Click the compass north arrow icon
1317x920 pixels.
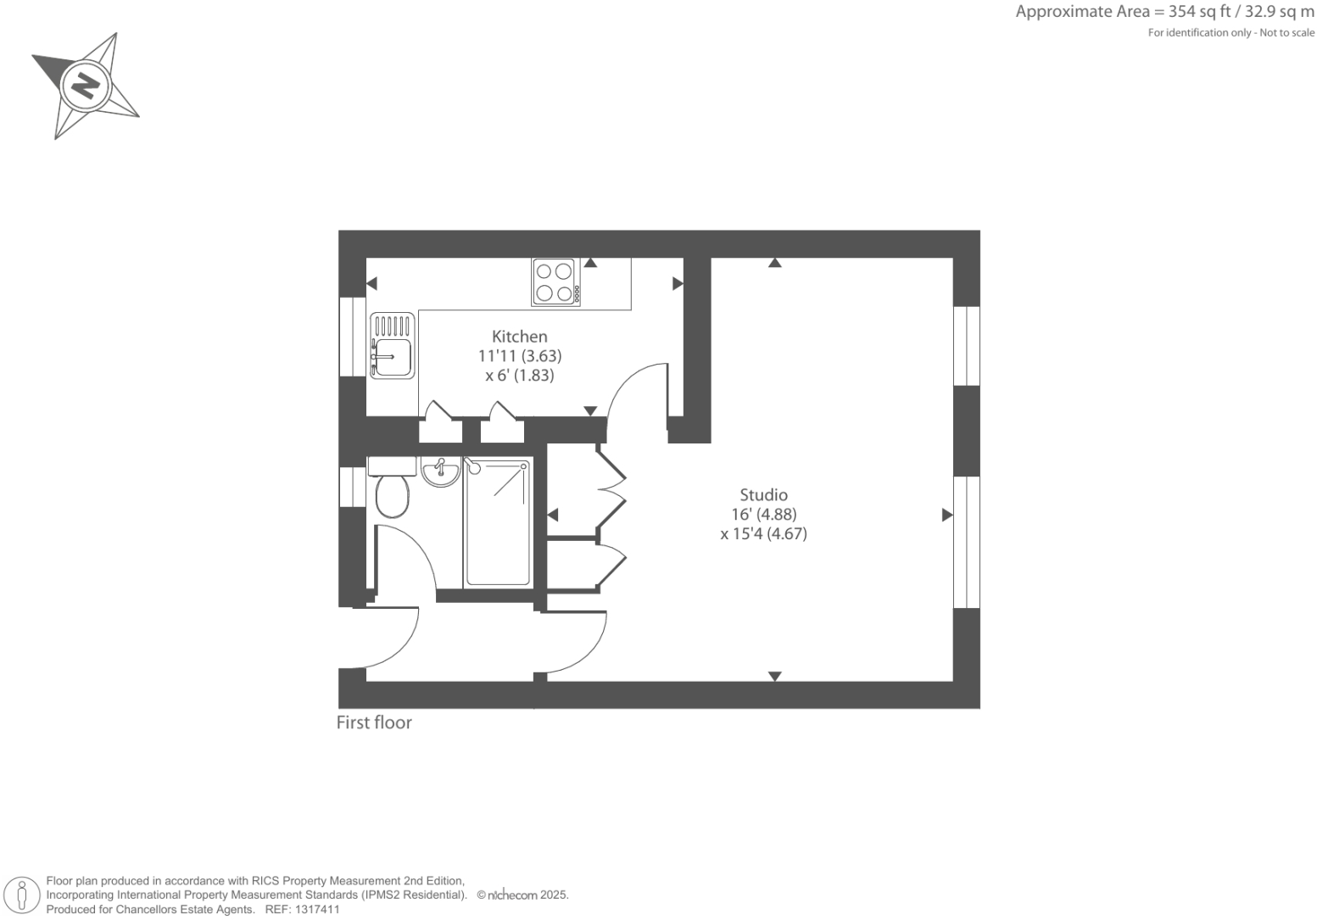click(x=85, y=86)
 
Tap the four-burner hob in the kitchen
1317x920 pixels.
click(x=556, y=282)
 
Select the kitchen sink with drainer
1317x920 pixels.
click(x=392, y=345)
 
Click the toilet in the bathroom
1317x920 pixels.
click(x=392, y=494)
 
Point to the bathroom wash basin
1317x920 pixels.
click(x=440, y=471)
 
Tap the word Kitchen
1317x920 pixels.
click(x=519, y=337)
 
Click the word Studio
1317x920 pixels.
click(x=763, y=495)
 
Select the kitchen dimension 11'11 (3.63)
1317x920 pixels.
click(x=519, y=356)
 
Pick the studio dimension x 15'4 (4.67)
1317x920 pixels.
click(x=763, y=534)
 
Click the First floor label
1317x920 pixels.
click(x=374, y=722)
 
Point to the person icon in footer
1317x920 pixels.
click(x=23, y=895)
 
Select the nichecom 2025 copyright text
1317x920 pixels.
click(x=522, y=895)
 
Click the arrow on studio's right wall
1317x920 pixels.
click(x=947, y=515)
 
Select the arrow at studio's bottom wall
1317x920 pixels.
click(x=774, y=676)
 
